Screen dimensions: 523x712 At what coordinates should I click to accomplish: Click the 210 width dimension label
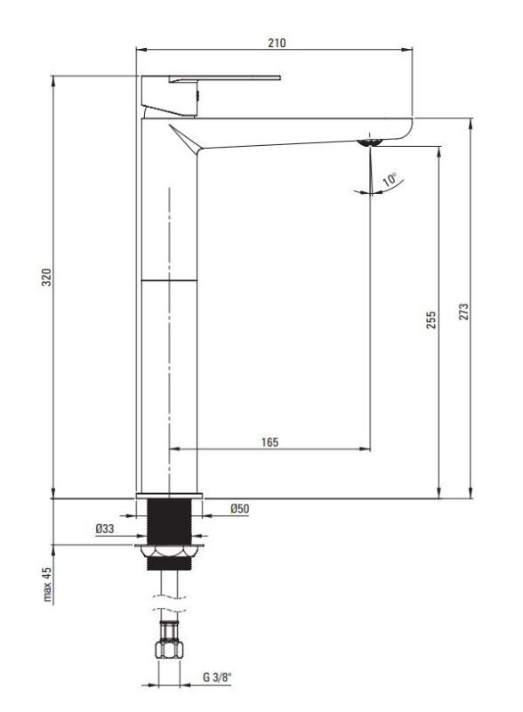coord(277,43)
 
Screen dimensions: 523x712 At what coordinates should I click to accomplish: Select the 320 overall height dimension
coord(46,277)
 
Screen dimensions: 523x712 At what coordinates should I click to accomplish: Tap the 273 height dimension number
coord(463,312)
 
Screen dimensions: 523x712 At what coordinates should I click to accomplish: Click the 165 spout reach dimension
coord(270,441)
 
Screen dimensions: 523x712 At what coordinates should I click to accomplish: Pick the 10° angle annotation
coord(390,180)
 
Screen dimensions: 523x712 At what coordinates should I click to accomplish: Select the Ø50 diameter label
coord(240,508)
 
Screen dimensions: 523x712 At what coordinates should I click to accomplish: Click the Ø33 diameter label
coord(105,529)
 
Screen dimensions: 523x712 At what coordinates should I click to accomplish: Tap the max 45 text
coord(48,585)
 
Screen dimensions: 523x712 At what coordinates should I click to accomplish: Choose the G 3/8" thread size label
coord(217,677)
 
